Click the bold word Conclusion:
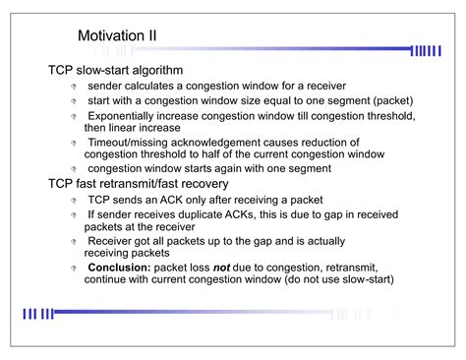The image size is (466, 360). coord(121,267)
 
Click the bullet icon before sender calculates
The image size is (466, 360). coord(74,88)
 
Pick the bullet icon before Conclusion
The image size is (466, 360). coord(74,268)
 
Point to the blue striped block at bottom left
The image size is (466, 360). coord(38,314)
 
